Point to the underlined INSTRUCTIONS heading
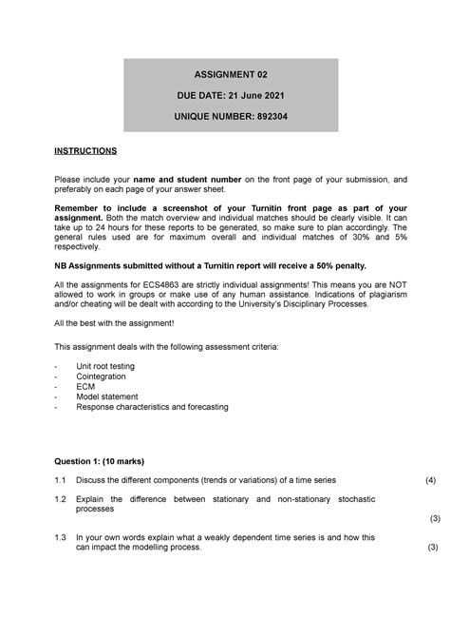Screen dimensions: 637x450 (85, 150)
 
